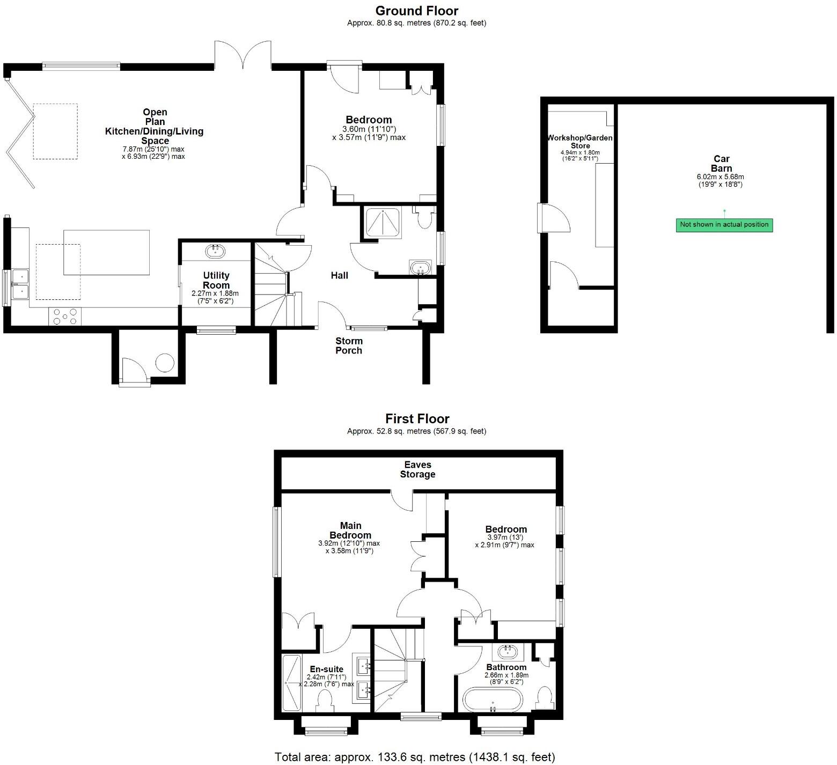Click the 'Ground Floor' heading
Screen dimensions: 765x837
pyautogui.click(x=417, y=11)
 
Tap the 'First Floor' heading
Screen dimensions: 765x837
pyautogui.click(x=417, y=418)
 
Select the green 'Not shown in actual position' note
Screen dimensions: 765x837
pyautogui.click(x=724, y=225)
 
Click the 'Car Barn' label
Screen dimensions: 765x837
pyautogui.click(x=721, y=164)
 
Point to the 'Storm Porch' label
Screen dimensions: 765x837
pyautogui.click(x=349, y=345)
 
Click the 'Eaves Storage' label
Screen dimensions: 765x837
pyautogui.click(x=417, y=469)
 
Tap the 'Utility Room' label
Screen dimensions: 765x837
pyautogui.click(x=216, y=281)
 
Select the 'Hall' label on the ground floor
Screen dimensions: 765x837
pyautogui.click(x=339, y=275)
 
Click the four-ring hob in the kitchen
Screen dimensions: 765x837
pyautogui.click(x=64, y=317)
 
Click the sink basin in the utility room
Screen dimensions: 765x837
pyautogui.click(x=215, y=251)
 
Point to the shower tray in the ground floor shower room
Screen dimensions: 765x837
pyautogui.click(x=382, y=223)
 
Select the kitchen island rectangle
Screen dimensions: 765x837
pyautogui.click(x=107, y=252)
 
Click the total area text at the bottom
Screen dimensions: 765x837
pyautogui.click(x=415, y=756)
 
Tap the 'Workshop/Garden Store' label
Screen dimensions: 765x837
pyautogui.click(x=579, y=142)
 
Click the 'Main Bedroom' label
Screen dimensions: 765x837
pyautogui.click(x=350, y=530)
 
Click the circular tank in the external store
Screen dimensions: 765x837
pyautogui.click(x=165, y=363)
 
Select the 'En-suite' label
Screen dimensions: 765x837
pyautogui.click(x=326, y=669)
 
